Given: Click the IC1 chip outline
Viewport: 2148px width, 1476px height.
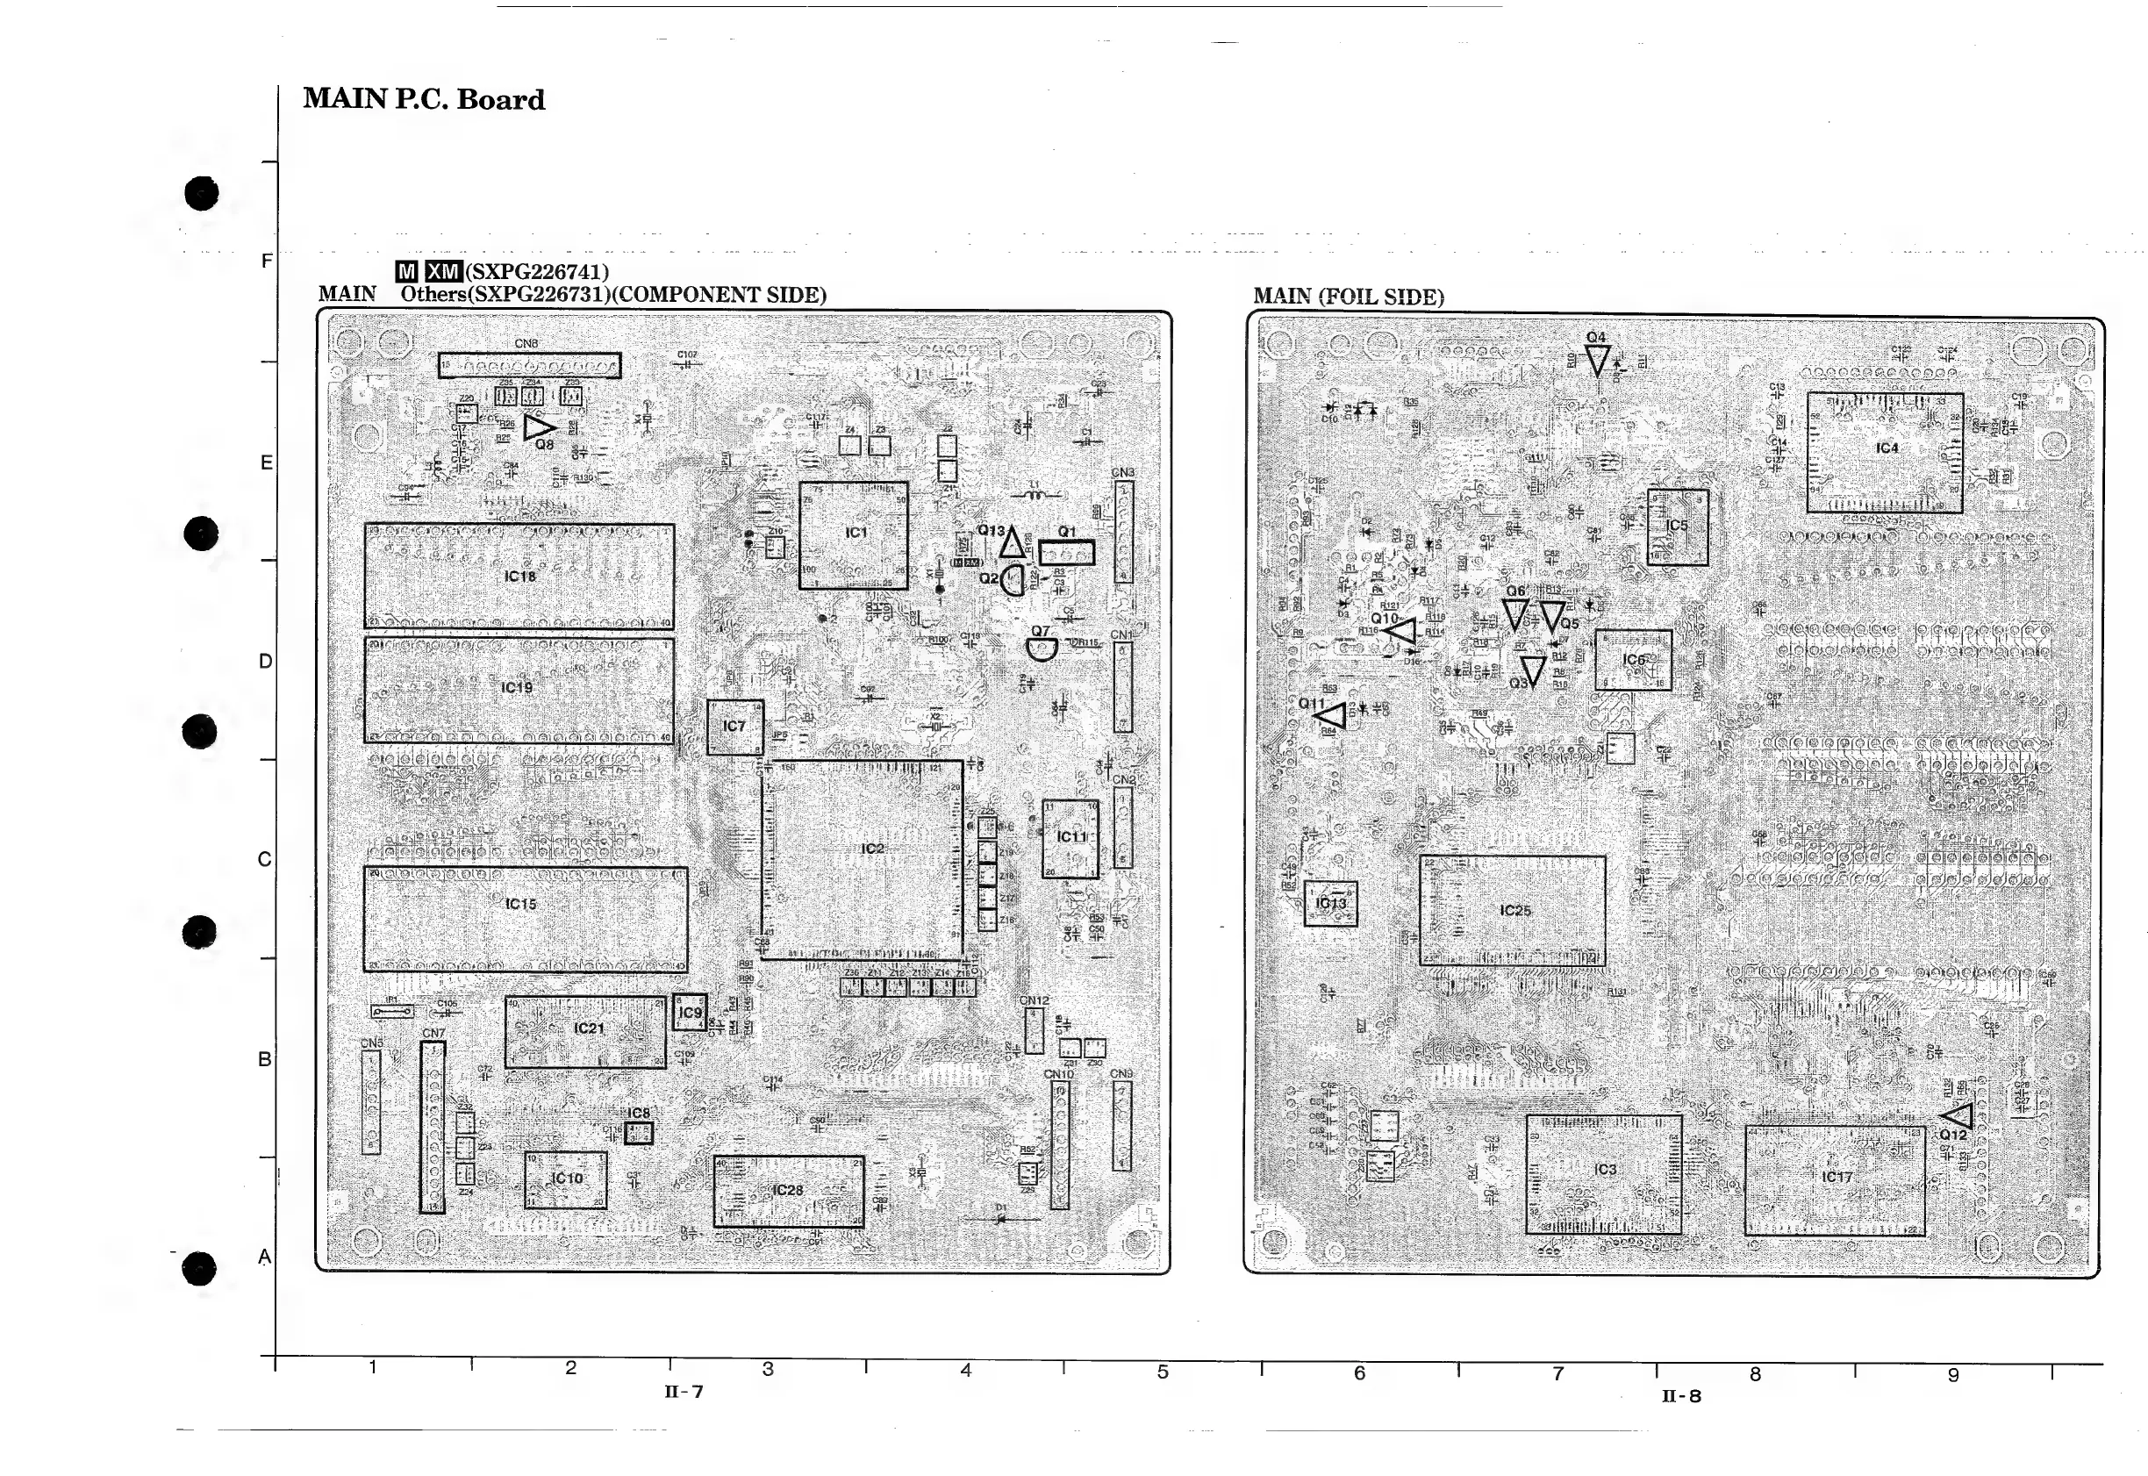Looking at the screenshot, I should coord(853,535).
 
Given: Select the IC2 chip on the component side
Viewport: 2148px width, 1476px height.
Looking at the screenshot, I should coord(862,859).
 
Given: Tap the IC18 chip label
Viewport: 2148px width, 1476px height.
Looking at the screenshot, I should coord(519,577).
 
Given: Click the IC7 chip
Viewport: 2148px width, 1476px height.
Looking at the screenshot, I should coord(734,727).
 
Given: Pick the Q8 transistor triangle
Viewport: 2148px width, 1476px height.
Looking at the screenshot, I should coord(538,427).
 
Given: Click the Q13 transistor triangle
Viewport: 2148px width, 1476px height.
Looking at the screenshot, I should coord(1011,544).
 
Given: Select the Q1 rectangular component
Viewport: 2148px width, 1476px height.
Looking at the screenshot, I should coord(1066,553).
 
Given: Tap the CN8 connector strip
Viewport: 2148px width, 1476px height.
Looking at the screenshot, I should coord(529,365).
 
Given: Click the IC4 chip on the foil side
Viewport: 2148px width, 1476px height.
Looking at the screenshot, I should coord(1885,452).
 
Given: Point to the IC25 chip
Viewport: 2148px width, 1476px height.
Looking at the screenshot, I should coord(1512,910).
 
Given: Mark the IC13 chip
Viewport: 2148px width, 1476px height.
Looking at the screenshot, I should coord(1329,904).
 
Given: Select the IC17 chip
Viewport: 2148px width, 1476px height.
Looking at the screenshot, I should coord(1835,1180).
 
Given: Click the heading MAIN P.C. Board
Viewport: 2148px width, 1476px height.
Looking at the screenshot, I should coord(424,100).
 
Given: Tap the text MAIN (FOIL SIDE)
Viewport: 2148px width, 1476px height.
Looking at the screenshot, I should coord(1347,297).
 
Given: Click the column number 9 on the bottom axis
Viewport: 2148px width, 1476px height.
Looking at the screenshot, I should coord(1953,1375).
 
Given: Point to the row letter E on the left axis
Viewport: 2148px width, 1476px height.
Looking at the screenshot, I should coord(266,462).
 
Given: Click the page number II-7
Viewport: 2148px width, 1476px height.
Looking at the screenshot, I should coord(684,1392).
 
